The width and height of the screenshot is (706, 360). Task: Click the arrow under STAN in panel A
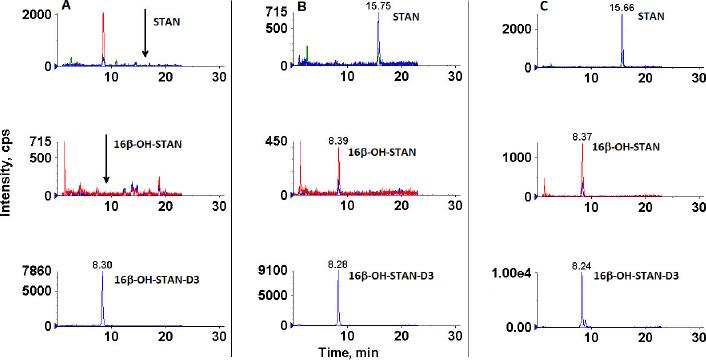point(145,39)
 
